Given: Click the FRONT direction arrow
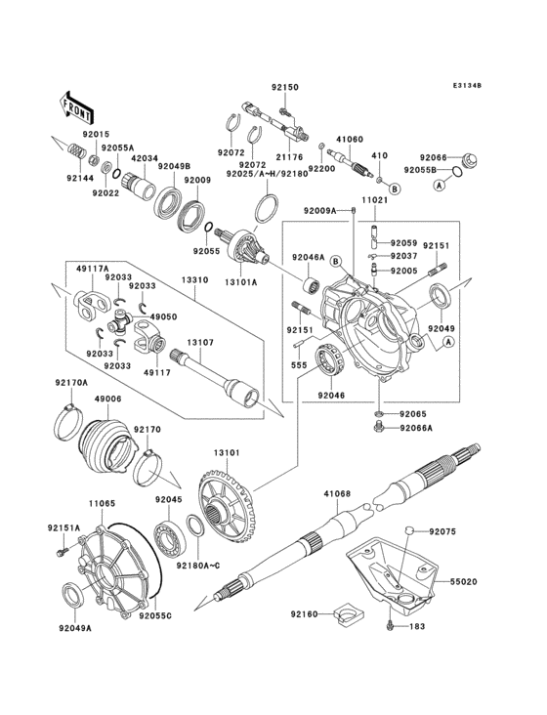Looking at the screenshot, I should point(78,104).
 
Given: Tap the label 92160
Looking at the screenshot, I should point(303,613).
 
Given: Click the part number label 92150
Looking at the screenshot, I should point(284,87).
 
